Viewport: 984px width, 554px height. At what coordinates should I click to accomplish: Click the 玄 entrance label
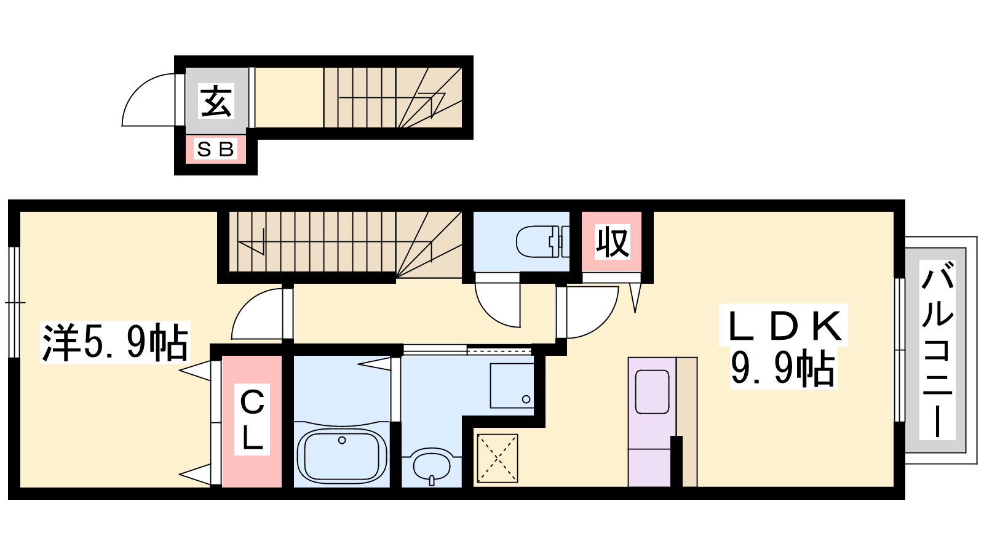coord(216,101)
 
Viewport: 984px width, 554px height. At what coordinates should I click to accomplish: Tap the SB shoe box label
coord(215,150)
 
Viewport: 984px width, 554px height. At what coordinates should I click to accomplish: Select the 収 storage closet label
coord(613,241)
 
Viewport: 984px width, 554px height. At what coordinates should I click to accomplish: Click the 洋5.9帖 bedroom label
coord(115,342)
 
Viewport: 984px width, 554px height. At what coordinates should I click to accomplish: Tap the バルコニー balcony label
coord(937,349)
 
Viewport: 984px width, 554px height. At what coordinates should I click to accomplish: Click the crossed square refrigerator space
coord(498,459)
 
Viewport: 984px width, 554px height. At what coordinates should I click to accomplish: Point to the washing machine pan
coord(512,385)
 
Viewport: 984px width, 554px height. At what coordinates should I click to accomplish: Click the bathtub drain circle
coord(342,440)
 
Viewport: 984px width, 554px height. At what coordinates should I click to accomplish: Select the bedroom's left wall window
coord(15,302)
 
